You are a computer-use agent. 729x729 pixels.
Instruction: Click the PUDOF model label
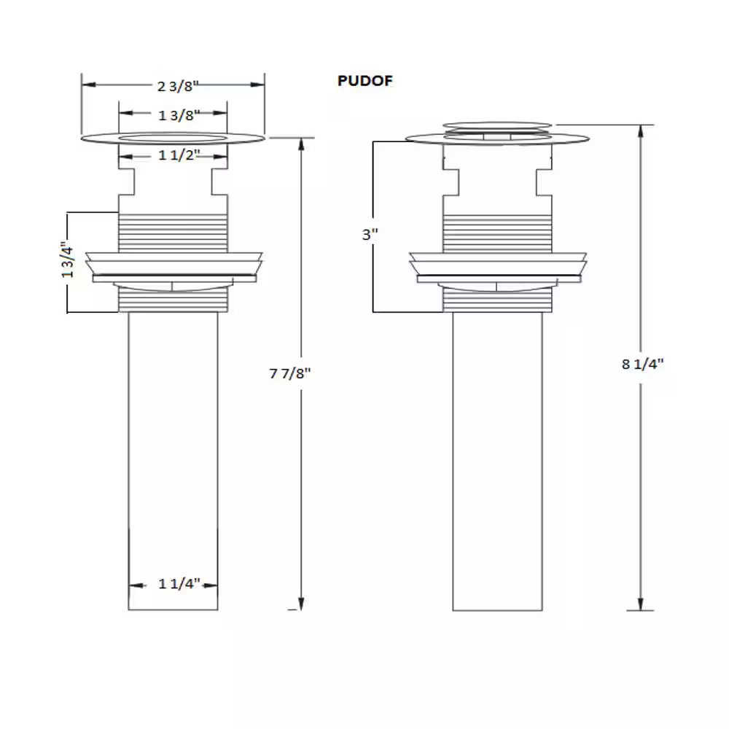click(365, 81)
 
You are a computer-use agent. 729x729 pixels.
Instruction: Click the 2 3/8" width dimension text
click(178, 86)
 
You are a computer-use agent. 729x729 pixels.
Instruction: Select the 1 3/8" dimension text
click(179, 115)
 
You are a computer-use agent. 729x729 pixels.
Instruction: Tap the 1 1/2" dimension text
click(179, 155)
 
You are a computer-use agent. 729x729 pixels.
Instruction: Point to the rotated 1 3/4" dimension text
click(67, 262)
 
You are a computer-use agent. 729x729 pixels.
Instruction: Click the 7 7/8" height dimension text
click(289, 373)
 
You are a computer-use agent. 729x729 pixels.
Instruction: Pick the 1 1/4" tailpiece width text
click(179, 583)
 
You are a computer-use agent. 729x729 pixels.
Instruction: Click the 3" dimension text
click(370, 234)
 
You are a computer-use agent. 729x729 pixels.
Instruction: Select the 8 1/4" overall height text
click(642, 364)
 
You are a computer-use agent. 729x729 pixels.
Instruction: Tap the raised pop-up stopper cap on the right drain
click(497, 125)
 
